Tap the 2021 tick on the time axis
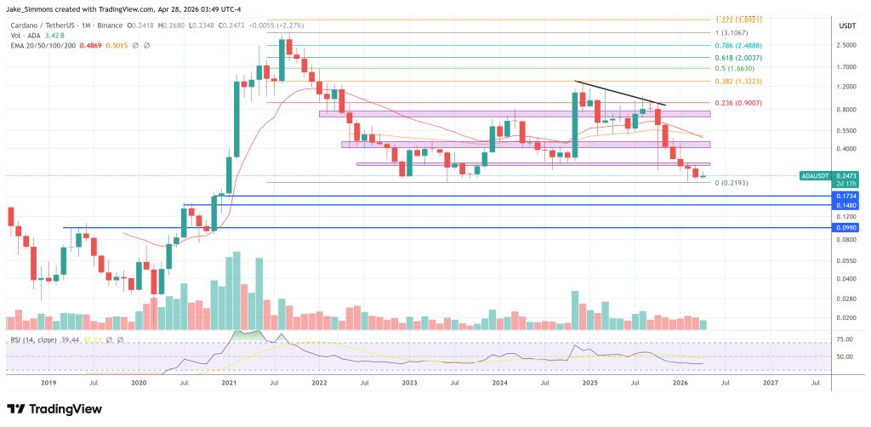point(229,383)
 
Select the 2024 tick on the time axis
point(499,383)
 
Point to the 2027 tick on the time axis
point(771,383)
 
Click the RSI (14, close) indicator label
point(35,339)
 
